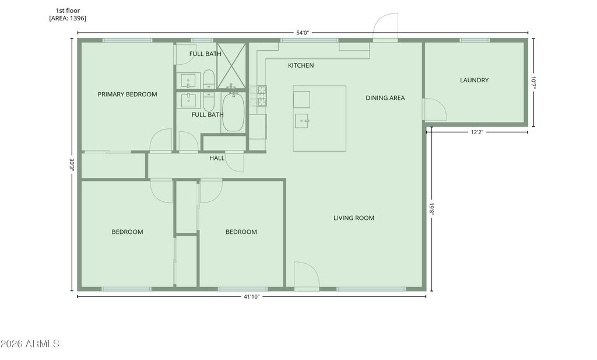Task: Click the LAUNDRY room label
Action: point(474,80)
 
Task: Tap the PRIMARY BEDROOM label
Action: point(127,94)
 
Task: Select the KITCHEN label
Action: point(301,65)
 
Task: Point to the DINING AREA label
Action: point(385,98)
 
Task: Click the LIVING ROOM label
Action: point(354,218)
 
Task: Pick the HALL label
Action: point(217,158)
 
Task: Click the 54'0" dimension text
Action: point(303,33)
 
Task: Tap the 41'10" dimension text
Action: point(252,297)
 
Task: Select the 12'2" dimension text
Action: point(477,132)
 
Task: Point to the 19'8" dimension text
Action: point(432,209)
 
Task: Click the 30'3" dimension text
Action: point(72,165)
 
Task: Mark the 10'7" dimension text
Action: point(533,83)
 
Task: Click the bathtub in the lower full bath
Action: point(233,112)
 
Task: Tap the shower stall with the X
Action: point(231,65)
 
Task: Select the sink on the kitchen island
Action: point(301,121)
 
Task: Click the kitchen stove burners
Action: point(262,96)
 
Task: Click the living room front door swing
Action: point(307,274)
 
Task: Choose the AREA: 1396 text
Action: point(68,18)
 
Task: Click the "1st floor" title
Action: point(68,11)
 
